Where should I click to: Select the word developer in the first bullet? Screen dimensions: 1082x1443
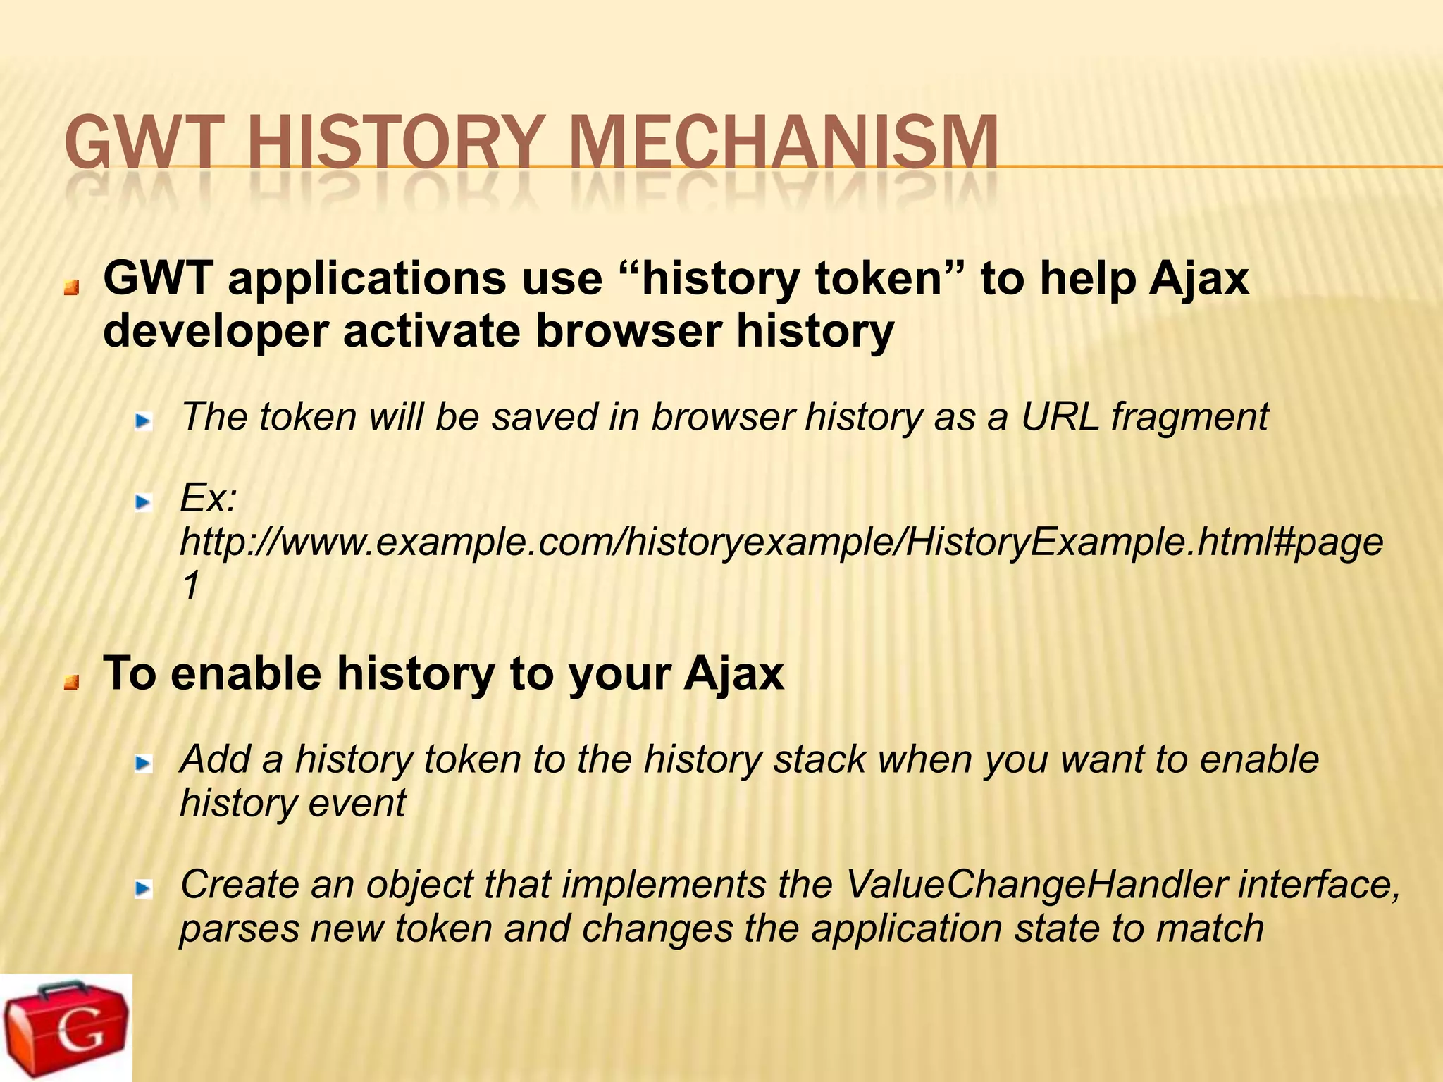(x=215, y=331)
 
